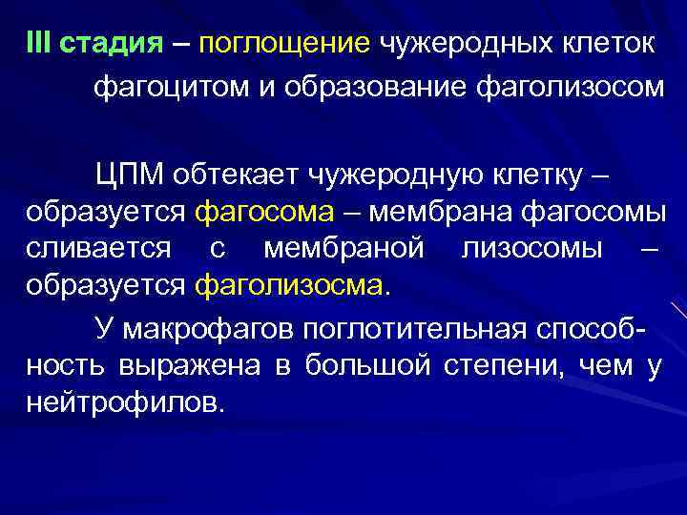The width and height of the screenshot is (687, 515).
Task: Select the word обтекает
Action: (240, 175)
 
